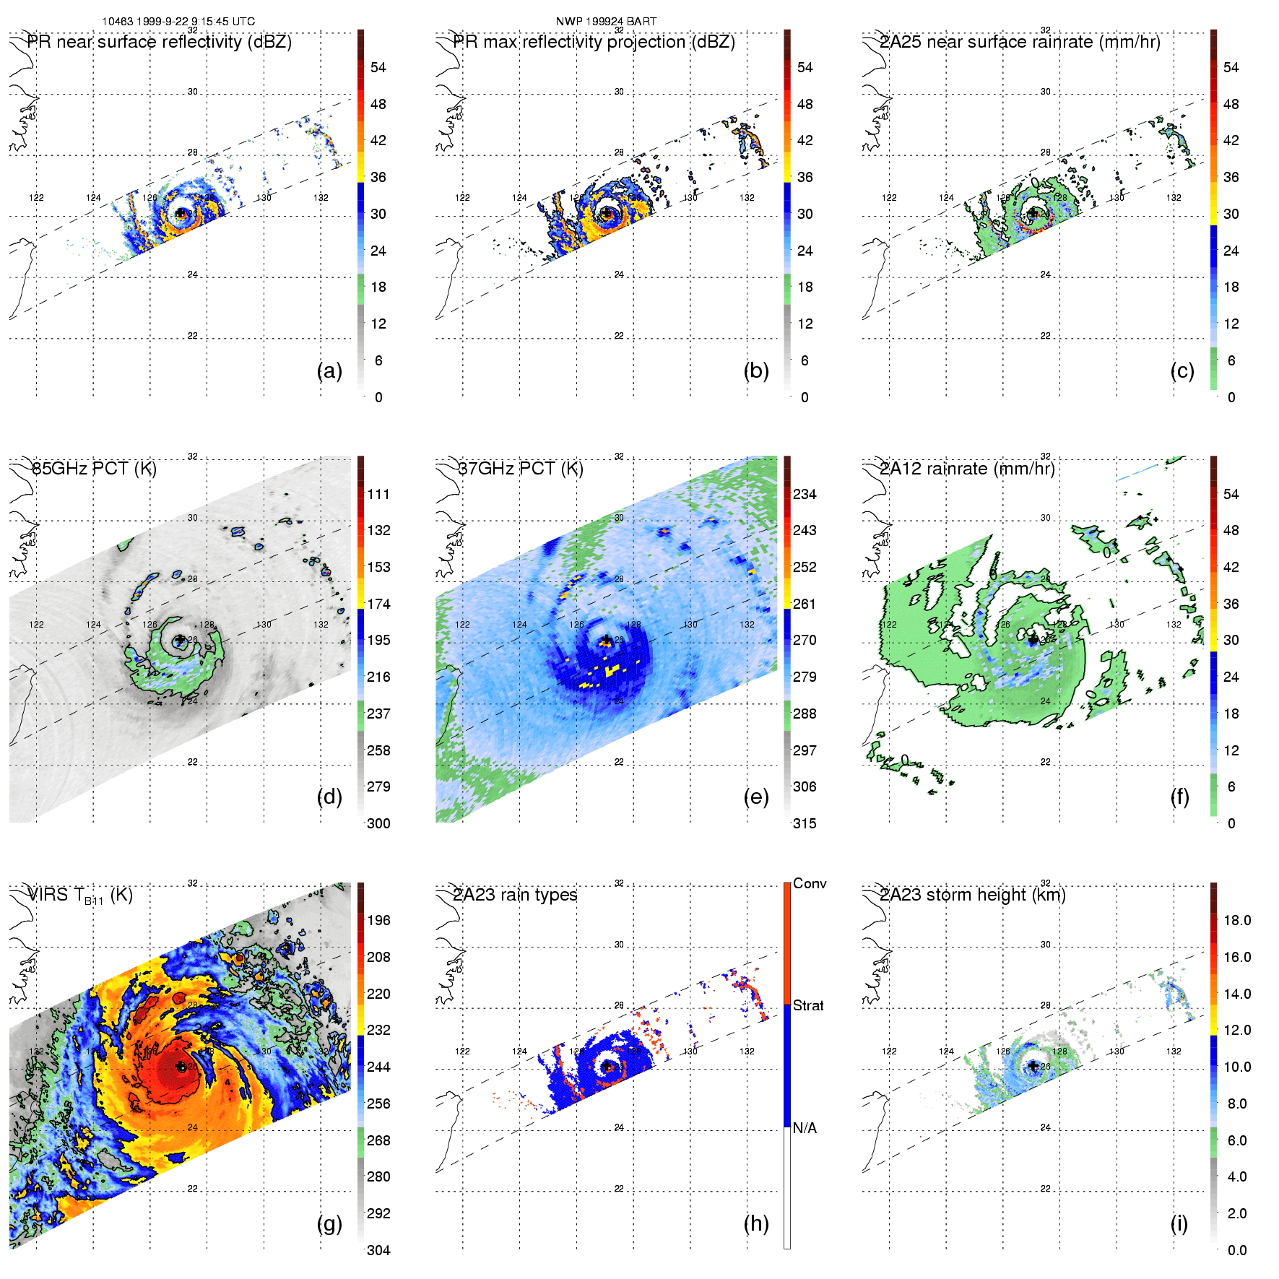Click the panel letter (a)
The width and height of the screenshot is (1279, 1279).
coord(329,370)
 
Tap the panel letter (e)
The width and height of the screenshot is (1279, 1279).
coord(755,797)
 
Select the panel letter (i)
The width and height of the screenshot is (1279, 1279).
coord(1179,1223)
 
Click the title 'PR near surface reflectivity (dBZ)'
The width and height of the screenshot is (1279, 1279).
coord(160,42)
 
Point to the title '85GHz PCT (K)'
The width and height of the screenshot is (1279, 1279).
coord(94,469)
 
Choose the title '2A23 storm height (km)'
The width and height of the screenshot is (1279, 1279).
coord(973,895)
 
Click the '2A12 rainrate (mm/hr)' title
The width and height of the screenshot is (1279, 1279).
coord(967,469)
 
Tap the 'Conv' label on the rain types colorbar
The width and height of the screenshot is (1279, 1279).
coord(810,883)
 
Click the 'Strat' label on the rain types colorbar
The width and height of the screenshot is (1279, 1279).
coord(808,1005)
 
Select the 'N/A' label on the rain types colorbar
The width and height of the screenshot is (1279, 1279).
coord(805,1128)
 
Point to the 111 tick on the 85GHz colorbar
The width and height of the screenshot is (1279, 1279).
coord(378,494)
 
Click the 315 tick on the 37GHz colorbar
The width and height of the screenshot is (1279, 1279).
coord(805,823)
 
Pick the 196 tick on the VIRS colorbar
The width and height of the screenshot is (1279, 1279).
coord(378,920)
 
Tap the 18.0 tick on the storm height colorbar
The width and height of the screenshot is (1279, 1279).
coord(1237,920)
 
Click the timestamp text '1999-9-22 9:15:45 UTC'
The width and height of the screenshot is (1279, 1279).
coord(196,22)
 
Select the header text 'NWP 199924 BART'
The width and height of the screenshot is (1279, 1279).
coord(606,22)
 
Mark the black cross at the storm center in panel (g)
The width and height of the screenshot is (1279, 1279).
coord(181,1066)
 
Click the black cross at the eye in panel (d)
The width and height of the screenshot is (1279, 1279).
coord(180,640)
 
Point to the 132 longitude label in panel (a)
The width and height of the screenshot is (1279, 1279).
coord(321,197)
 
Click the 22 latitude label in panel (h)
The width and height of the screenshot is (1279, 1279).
coord(619,1189)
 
